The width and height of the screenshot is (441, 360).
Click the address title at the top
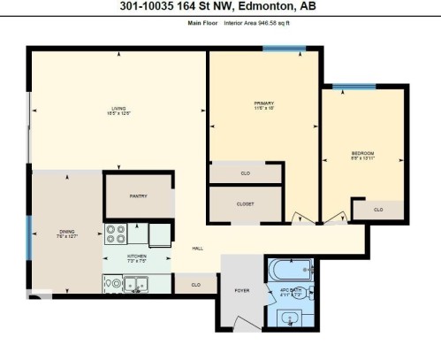pos(220,8)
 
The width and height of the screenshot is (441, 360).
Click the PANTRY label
pos(137,196)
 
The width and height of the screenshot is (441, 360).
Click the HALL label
pos(198,248)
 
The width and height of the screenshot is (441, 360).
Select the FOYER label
pos(241,288)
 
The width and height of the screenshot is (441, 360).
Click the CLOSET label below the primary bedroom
pos(246,203)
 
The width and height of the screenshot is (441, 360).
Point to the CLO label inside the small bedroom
pos(377,210)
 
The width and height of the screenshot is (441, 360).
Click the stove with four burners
pos(116,234)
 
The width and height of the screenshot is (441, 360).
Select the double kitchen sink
pos(134,284)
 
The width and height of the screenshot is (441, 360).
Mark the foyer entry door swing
pos(232,313)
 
